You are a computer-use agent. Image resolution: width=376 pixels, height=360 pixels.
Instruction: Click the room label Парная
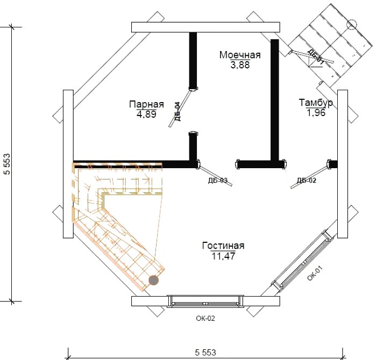146,104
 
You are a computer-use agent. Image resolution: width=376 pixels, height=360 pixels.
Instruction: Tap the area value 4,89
146,114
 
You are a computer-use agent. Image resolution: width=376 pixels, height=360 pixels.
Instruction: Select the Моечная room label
240,55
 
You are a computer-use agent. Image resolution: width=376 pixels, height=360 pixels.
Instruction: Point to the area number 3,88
240,64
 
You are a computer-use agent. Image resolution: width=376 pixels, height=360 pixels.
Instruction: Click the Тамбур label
316,103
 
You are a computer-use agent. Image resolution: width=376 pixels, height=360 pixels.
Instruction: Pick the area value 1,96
316,113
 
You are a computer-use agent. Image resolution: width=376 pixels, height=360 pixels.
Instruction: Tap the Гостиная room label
223,246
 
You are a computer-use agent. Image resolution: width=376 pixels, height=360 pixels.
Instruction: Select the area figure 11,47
223,256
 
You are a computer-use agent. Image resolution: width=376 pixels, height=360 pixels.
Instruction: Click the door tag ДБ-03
218,181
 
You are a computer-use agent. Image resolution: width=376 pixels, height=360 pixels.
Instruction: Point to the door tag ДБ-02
307,181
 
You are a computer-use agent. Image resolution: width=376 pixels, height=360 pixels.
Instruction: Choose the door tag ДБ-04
177,111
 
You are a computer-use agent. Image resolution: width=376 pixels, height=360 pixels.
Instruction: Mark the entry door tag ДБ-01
316,57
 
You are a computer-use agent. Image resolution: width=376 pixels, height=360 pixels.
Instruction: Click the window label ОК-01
315,273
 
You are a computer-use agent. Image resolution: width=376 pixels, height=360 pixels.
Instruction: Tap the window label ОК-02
205,318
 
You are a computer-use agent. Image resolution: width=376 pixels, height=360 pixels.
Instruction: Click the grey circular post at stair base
154,280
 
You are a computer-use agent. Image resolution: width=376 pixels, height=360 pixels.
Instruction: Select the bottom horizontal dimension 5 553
205,352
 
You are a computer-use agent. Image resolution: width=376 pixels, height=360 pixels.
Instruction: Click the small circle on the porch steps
352,24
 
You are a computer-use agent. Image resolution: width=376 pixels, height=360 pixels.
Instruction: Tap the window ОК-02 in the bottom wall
205,301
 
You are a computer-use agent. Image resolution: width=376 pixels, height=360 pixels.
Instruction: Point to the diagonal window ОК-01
303,262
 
